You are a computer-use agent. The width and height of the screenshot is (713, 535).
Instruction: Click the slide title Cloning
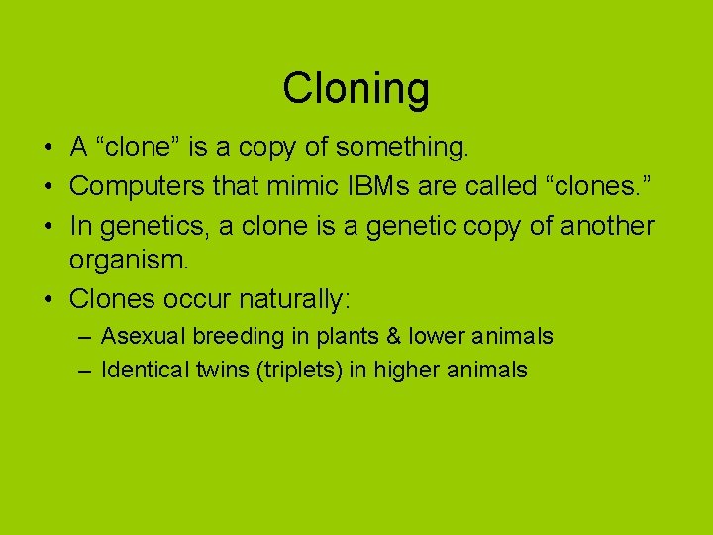356,88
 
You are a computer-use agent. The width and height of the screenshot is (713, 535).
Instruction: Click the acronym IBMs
387,186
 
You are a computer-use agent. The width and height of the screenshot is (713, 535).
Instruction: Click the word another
607,226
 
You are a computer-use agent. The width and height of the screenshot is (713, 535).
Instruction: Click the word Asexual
144,337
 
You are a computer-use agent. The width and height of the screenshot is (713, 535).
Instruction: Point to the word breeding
239,337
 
